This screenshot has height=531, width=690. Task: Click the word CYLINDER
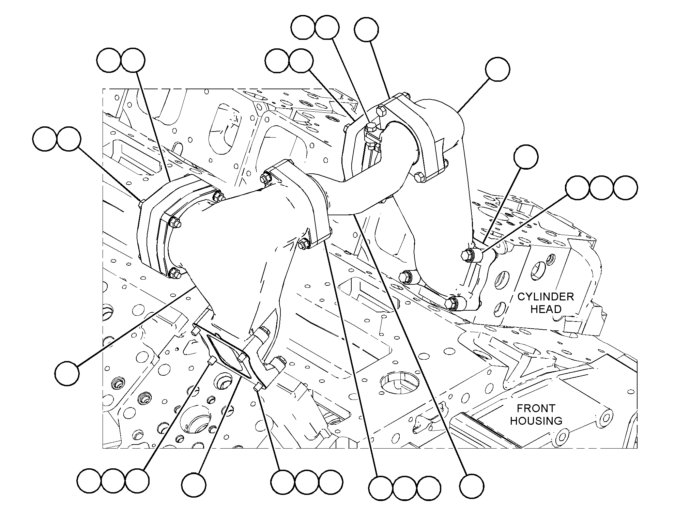pos(546,297)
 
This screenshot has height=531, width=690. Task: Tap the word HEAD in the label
pos(546,309)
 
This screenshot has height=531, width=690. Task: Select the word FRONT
pos(536,408)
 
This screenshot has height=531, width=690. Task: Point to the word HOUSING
pos(536,421)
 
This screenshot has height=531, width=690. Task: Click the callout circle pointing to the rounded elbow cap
pos(497,69)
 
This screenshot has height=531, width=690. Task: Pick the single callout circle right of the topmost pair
pos(366,30)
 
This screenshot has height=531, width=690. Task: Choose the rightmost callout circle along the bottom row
pos(472,486)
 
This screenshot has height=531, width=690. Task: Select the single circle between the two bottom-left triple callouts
pos(194,485)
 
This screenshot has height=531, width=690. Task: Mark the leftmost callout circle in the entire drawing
pos(45,139)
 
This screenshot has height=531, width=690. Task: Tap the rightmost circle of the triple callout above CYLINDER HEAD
pos(625,188)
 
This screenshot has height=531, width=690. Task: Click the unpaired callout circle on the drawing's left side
pos(67,373)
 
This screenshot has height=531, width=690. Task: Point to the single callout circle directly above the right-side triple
pos(526,157)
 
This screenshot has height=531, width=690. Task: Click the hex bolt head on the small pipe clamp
pos(370,128)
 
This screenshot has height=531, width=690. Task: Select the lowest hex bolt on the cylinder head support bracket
pos(452,302)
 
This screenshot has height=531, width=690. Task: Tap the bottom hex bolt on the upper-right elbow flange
pos(419,177)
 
